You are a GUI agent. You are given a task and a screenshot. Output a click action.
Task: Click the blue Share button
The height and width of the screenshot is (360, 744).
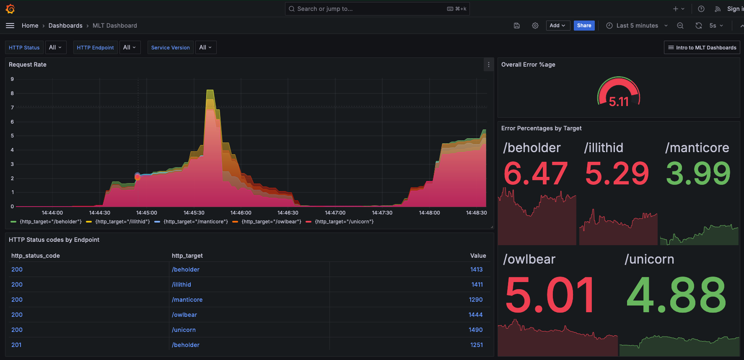click(x=584, y=26)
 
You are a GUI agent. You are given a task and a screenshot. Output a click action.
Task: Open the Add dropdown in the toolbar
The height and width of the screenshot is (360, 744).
click(x=557, y=26)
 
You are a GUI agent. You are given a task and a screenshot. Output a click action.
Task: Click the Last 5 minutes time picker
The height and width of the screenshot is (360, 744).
click(x=637, y=26)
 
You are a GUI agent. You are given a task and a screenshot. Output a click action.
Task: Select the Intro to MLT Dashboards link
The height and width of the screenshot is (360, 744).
click(x=702, y=48)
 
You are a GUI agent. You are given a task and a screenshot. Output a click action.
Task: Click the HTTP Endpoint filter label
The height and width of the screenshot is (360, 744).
click(x=95, y=48)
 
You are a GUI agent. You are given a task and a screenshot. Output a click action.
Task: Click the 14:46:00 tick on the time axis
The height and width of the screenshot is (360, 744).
click(x=241, y=213)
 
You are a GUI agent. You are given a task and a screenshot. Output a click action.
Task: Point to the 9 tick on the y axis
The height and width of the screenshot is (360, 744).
click(x=12, y=79)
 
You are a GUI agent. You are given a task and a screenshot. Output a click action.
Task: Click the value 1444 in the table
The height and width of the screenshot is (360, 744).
click(x=475, y=315)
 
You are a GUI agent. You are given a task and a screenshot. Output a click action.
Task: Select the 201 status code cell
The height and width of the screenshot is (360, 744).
click(x=16, y=345)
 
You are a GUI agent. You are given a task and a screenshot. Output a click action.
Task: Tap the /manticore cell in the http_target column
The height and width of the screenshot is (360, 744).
click(x=187, y=300)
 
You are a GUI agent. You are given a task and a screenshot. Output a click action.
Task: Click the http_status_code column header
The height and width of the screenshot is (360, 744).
click(x=36, y=256)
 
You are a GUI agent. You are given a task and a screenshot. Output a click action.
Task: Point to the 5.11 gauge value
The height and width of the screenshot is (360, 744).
click(x=619, y=101)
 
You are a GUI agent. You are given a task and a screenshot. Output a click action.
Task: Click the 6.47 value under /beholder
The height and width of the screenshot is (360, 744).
click(x=535, y=174)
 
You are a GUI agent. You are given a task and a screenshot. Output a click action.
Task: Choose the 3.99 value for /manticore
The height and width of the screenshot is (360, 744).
click(x=698, y=174)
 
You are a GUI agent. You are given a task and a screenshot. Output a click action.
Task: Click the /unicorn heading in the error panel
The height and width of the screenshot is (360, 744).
click(x=649, y=259)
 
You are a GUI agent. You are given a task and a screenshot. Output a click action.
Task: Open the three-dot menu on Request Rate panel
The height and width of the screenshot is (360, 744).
click(x=488, y=65)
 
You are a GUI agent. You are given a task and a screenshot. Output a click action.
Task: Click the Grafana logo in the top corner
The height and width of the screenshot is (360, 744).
click(x=10, y=9)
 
